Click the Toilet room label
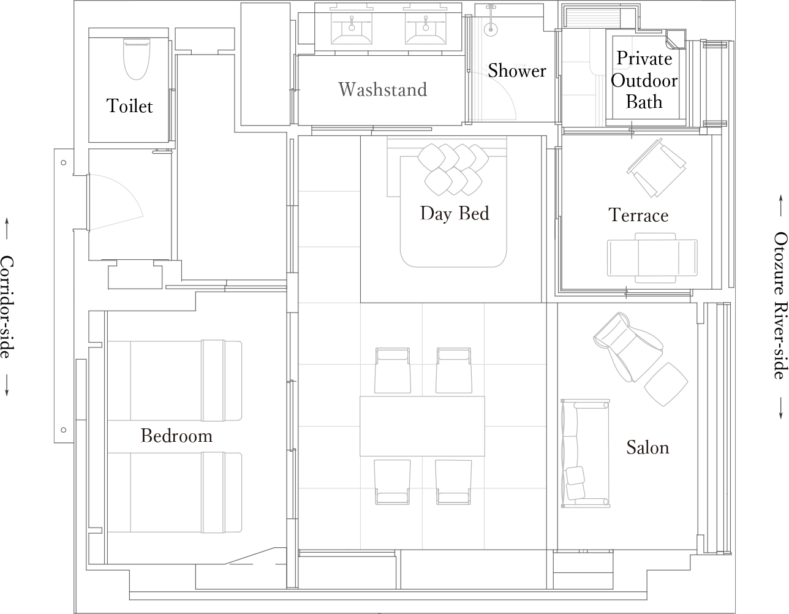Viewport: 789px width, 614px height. [129, 106]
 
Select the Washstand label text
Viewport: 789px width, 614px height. [382, 90]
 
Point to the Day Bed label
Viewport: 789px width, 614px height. [455, 214]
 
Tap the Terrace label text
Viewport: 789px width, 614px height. [638, 216]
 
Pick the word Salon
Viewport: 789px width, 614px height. [647, 448]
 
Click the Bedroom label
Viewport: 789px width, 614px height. [176, 436]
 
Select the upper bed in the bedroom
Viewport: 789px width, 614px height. [175, 381]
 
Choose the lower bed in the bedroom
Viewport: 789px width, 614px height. [175, 493]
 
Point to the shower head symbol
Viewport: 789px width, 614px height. [491, 28]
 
